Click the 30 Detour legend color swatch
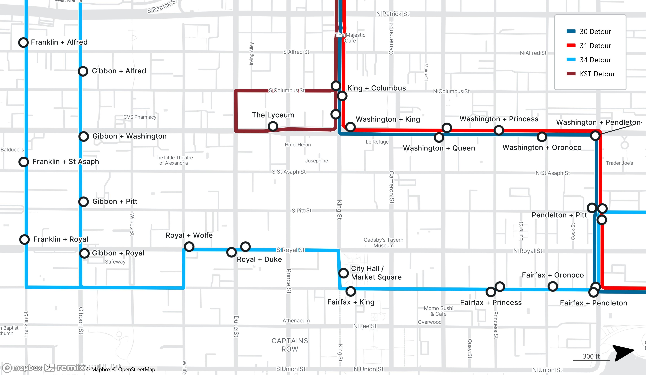(x=571, y=31)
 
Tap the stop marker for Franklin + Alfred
(x=23, y=42)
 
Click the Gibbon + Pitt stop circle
(x=84, y=202)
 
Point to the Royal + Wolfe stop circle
(x=189, y=247)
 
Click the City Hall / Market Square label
(x=376, y=273)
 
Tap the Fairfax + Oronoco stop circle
(x=553, y=286)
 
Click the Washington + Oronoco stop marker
(x=542, y=137)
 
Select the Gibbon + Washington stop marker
(x=84, y=136)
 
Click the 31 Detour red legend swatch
(x=571, y=45)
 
